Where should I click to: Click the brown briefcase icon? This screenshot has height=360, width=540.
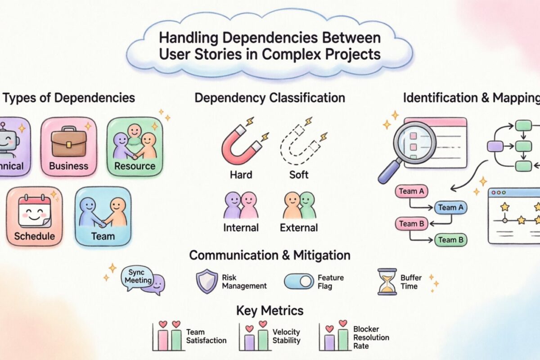68,144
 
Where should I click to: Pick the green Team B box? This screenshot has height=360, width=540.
450,240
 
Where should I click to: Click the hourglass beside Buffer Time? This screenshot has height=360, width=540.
387,282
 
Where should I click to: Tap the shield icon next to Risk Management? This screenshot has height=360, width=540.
207,282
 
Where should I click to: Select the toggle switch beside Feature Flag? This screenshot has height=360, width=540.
299,282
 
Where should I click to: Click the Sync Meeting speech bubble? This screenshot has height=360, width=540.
140,277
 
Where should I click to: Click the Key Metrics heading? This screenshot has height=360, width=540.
270,310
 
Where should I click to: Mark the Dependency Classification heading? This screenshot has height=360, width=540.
270,97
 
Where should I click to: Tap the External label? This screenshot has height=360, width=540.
299,227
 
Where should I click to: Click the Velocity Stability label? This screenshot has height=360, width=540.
286,336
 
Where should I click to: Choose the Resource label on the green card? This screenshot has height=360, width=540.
135,166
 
